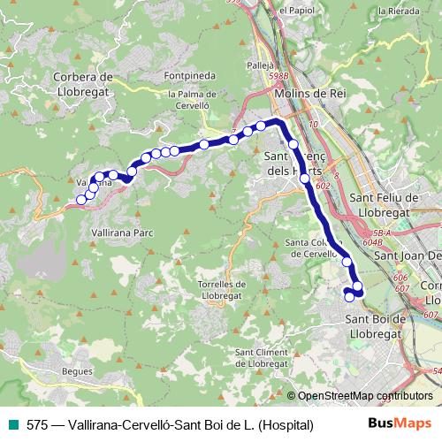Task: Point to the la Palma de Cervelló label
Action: [x=192, y=100]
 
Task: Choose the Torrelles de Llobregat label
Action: [x=222, y=290]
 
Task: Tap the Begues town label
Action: [x=77, y=371]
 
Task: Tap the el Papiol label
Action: [x=295, y=10]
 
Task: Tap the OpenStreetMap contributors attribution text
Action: [x=364, y=397]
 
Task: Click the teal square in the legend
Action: [x=10, y=424]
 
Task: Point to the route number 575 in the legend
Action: [x=36, y=424]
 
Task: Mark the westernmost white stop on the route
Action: [x=81, y=200]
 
